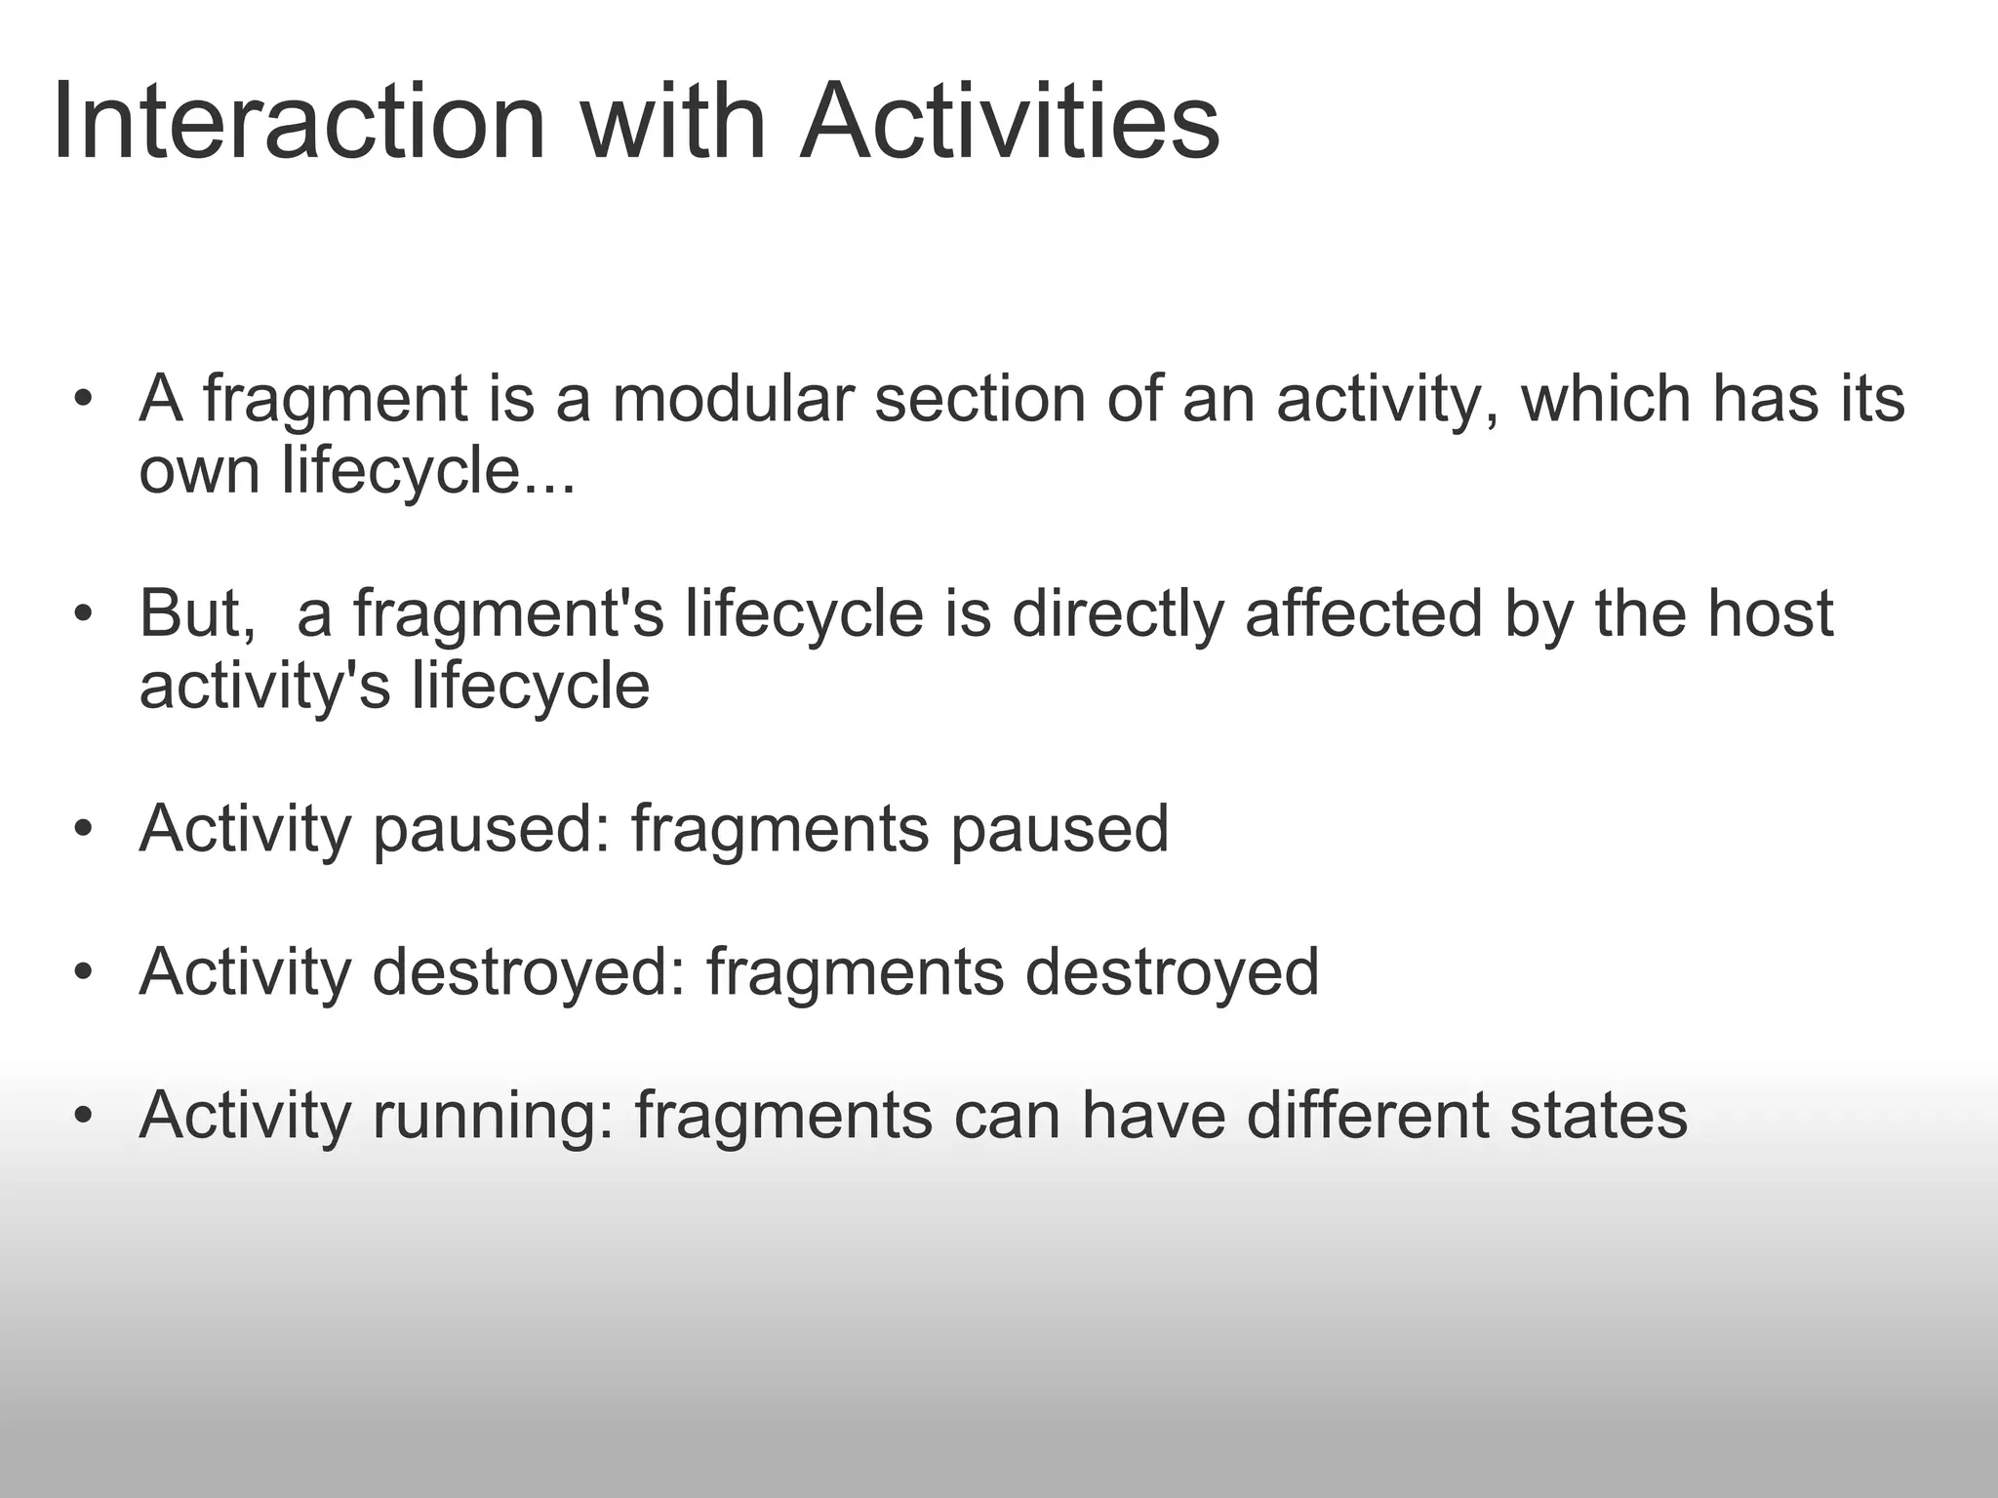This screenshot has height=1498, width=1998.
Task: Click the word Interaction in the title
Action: point(298,124)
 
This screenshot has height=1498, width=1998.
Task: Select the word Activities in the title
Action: point(1010,124)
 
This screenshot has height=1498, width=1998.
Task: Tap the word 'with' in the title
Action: point(673,124)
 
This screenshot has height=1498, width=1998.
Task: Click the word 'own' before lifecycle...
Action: point(200,472)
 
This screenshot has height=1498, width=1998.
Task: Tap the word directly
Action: point(1118,614)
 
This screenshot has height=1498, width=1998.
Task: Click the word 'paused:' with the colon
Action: point(492,830)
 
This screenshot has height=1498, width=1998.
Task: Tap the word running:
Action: point(494,1117)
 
